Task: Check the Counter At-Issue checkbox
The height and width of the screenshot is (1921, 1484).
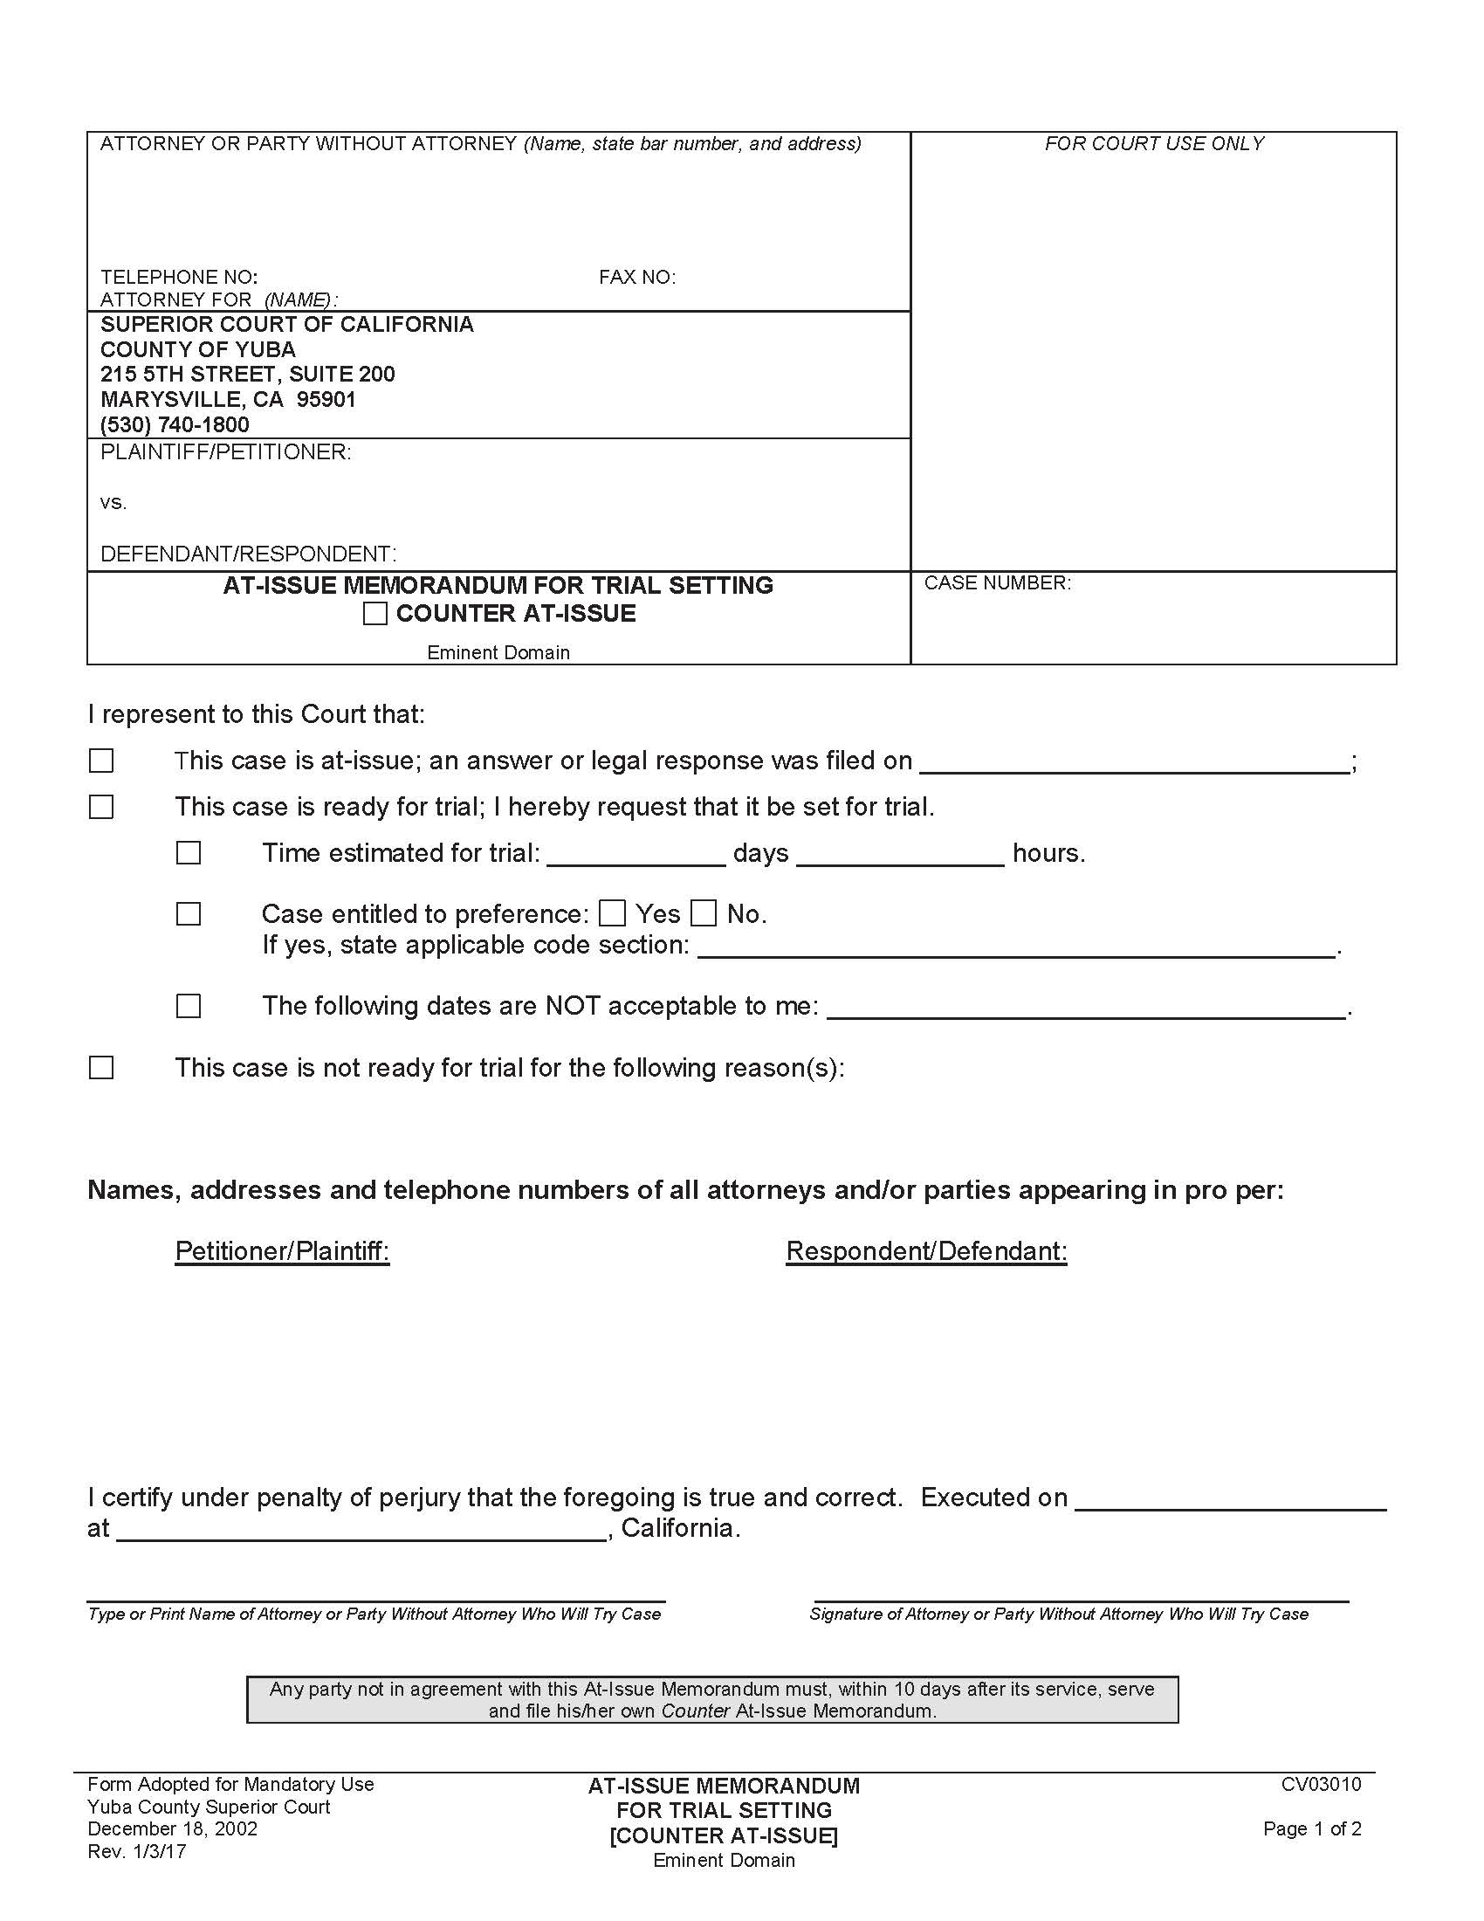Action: click(374, 613)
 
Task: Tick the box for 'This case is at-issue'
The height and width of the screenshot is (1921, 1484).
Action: click(101, 761)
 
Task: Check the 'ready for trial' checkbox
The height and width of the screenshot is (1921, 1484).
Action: click(101, 807)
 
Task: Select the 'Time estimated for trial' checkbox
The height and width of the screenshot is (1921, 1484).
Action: click(189, 853)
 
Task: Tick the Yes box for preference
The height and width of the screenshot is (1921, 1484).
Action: click(612, 914)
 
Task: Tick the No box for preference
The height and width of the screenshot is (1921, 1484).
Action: click(704, 914)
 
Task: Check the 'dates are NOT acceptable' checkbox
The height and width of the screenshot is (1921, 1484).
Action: click(189, 1006)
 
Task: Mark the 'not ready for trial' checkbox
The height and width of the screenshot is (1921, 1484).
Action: click(101, 1068)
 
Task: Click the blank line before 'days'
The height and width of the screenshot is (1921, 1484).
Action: click(636, 857)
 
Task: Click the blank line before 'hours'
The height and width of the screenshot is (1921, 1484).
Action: click(899, 857)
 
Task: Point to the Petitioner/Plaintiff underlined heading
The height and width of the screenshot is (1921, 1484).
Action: click(282, 1250)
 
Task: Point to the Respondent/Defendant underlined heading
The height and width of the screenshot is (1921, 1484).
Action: click(926, 1250)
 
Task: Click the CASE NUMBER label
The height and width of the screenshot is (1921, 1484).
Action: click(997, 583)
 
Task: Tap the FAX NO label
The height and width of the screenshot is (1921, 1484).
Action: click(637, 278)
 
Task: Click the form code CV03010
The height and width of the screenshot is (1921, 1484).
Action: click(1321, 1784)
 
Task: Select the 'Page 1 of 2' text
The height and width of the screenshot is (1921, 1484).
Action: click(1312, 1828)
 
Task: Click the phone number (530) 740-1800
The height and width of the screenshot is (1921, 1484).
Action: click(175, 425)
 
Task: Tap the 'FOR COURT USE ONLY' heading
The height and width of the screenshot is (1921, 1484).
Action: click(1153, 144)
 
